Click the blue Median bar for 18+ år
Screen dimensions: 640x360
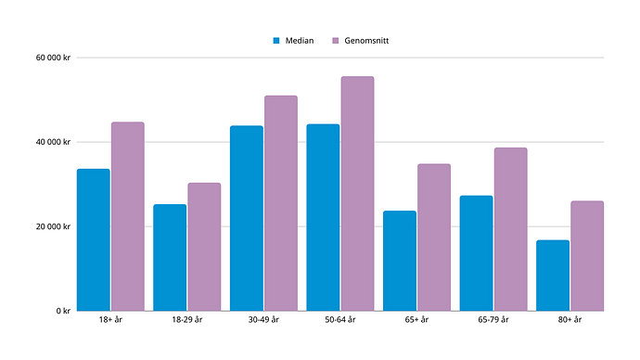(x=94, y=239)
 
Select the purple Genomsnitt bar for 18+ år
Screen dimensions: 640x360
(x=128, y=216)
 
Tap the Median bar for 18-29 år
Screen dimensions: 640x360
(x=170, y=258)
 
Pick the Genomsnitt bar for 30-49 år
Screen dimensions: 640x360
(x=281, y=203)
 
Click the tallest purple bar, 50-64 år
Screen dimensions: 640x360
(x=357, y=194)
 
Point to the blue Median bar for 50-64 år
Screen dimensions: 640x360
(x=323, y=217)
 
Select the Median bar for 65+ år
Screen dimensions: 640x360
(x=400, y=261)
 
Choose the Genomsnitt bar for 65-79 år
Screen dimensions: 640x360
(x=511, y=229)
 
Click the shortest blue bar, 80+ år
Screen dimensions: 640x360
(x=553, y=276)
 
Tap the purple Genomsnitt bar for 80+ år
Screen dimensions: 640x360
(x=587, y=256)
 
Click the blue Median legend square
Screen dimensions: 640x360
(x=276, y=41)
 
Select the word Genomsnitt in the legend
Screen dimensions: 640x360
(x=366, y=41)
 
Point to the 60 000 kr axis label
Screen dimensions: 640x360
(x=53, y=58)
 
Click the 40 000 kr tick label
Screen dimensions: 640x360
(x=53, y=142)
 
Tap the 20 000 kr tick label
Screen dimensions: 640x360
(x=53, y=226)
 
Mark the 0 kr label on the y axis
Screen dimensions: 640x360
(x=63, y=311)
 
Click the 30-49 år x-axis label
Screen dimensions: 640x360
(x=263, y=319)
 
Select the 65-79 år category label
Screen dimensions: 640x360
(x=493, y=319)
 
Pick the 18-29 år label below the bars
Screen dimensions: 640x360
(x=187, y=319)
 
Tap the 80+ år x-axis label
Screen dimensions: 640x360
(x=570, y=319)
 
